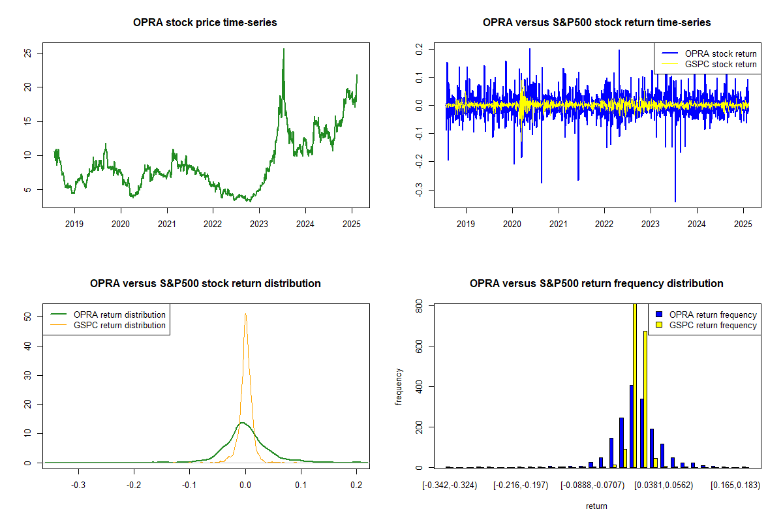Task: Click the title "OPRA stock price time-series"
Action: tap(205, 23)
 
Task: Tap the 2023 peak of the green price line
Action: tap(283, 50)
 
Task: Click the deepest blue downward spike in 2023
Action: tap(675, 201)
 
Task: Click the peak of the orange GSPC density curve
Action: tap(245, 314)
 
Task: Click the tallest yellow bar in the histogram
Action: tap(635, 385)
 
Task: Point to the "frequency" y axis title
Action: tap(399, 386)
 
